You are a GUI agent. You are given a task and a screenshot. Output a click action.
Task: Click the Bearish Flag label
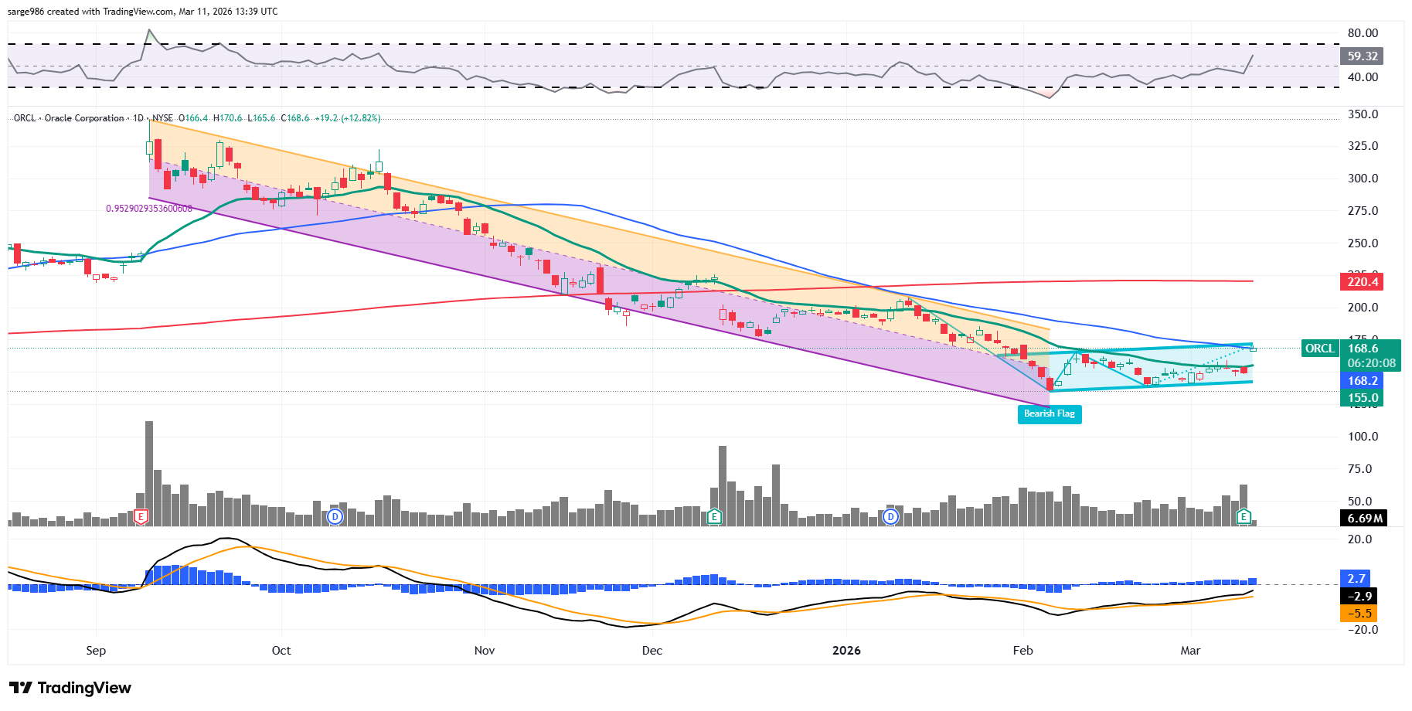coord(1049,414)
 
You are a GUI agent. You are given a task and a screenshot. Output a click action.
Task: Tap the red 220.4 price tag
coord(1362,282)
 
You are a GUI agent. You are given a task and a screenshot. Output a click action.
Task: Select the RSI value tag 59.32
coord(1362,56)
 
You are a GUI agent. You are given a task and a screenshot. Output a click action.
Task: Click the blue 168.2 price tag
coord(1362,381)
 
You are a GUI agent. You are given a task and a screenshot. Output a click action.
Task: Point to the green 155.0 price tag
coord(1362,398)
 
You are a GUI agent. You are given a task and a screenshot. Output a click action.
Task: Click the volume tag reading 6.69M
coord(1364,519)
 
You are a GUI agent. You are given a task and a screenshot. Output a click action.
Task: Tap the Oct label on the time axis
coord(281,651)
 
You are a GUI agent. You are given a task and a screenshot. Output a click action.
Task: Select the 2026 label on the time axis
coord(846,651)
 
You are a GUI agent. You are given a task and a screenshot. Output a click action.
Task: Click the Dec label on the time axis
coord(652,651)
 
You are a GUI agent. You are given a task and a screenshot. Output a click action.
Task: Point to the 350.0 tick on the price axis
coord(1363,114)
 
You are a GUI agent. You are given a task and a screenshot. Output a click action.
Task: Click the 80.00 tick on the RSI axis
coord(1363,33)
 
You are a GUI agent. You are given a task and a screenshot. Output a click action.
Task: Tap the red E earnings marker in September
coord(141,517)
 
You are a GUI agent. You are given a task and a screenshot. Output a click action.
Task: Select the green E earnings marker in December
coord(715,517)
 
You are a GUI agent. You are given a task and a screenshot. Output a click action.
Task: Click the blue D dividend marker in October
coord(335,517)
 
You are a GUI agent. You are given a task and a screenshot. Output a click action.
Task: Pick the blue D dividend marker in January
coord(891,517)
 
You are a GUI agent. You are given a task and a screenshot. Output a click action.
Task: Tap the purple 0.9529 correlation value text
coord(149,209)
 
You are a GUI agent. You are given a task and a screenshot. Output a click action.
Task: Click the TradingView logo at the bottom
coord(70,688)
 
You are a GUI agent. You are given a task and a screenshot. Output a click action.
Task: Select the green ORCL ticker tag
coord(1320,349)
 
